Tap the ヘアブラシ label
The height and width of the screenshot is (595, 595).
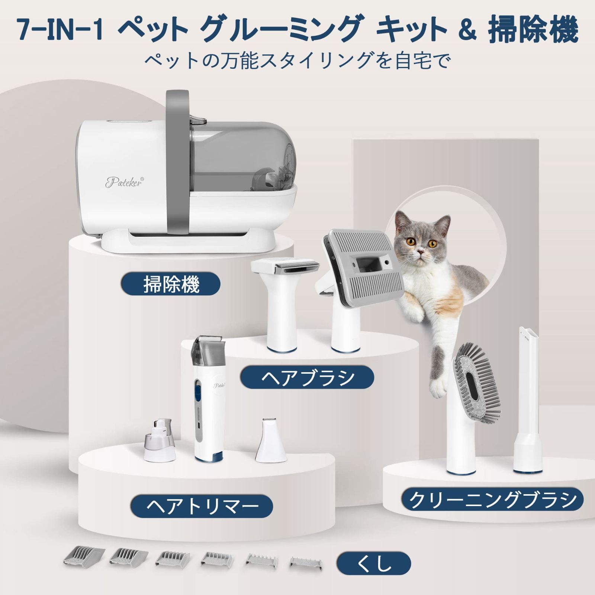tap(307, 377)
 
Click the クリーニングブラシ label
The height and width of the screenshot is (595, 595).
tap(492, 499)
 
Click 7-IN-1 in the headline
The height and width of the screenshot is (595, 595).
tap(59, 30)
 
